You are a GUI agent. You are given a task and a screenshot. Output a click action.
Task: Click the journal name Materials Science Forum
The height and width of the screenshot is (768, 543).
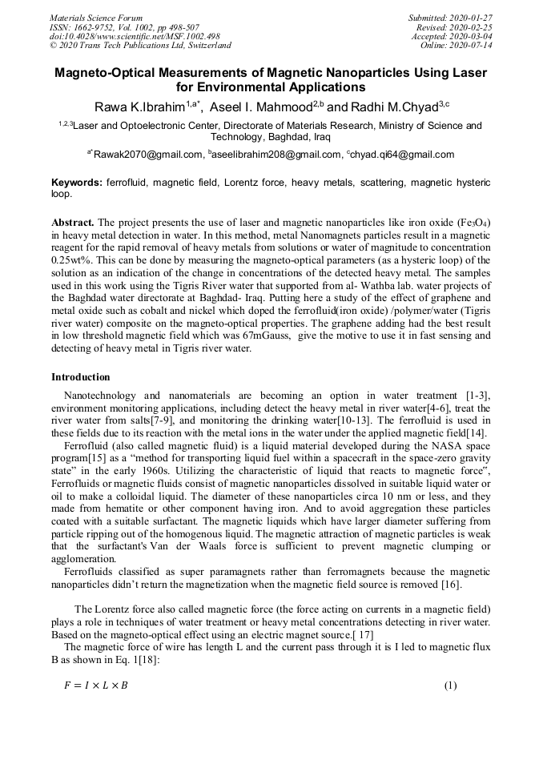[96, 18]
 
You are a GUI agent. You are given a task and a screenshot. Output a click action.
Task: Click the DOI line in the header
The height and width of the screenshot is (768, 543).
[135, 37]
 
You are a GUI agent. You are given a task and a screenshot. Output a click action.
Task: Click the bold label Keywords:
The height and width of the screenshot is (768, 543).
[77, 183]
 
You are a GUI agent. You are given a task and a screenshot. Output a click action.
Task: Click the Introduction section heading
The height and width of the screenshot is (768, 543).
[81, 376]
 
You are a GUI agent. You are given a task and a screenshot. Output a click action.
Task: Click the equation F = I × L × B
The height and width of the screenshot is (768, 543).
[95, 686]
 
